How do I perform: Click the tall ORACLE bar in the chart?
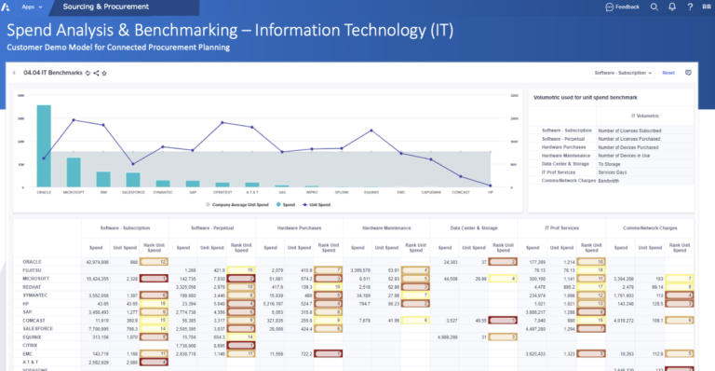click(43, 145)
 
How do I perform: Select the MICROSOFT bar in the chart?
click(73, 172)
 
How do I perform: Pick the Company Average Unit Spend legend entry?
click(243, 202)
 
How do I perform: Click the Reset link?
click(668, 72)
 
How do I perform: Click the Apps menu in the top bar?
click(30, 7)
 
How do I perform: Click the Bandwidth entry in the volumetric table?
click(611, 180)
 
